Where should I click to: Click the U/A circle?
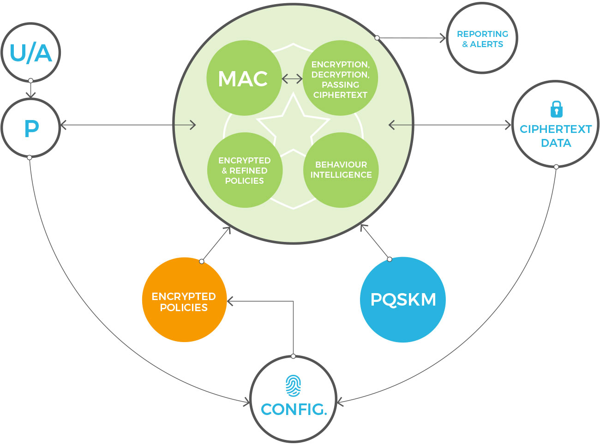coord(31,53)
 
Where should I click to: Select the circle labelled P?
coord(31,128)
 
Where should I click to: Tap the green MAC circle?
coord(243,78)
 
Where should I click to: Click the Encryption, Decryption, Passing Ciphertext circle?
coord(341,79)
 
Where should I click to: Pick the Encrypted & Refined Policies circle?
coord(244,170)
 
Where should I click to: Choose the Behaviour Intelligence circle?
coord(341,170)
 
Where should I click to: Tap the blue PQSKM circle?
coord(403,300)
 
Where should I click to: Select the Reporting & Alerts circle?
coord(482,39)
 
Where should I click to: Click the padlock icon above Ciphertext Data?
coord(557,109)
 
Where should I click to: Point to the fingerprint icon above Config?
coord(293,385)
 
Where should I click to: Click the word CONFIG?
coord(294,409)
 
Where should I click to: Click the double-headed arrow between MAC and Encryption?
coord(292,79)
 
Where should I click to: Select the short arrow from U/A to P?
coord(31,90)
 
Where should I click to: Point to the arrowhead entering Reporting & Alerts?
coord(443,38)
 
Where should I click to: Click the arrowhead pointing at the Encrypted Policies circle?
coord(230,301)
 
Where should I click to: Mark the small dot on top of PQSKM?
coord(390,259)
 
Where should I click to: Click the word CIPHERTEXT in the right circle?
coord(556,129)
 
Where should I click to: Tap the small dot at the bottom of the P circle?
coord(30,157)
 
